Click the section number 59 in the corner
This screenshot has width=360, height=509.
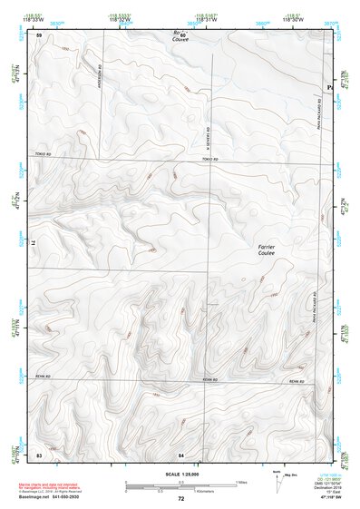tap(38, 34)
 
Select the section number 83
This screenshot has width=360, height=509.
tap(38, 453)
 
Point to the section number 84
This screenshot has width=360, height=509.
tap(181, 453)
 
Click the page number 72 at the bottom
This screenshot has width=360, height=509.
tap(181, 498)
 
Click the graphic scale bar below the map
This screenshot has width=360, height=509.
tap(181, 484)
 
